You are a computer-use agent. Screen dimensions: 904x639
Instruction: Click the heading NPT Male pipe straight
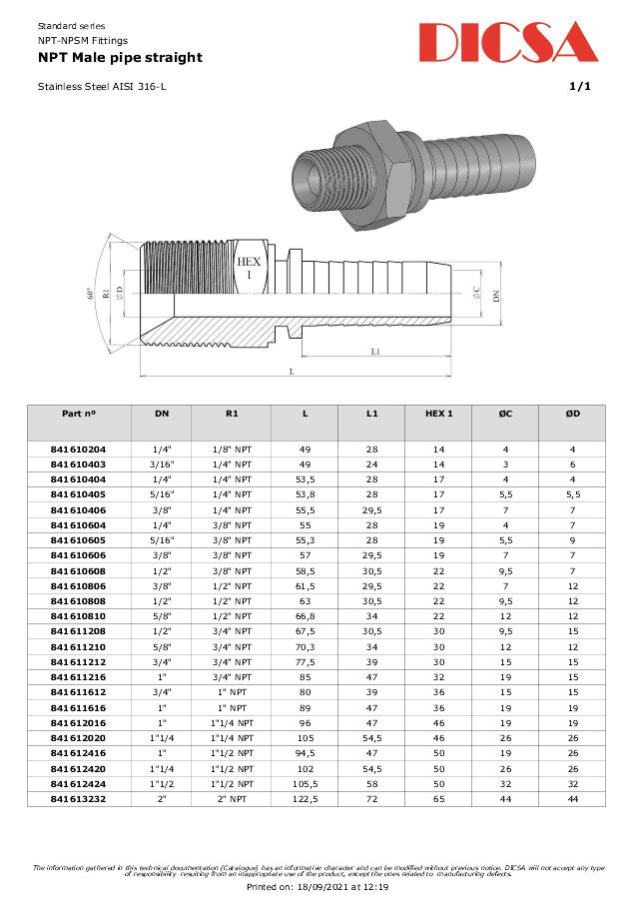pyautogui.click(x=120, y=58)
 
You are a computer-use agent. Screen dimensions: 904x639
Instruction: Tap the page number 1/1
pyautogui.click(x=579, y=87)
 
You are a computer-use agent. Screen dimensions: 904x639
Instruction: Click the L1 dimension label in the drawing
pyautogui.click(x=374, y=352)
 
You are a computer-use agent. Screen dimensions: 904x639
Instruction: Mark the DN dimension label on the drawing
pyautogui.click(x=495, y=294)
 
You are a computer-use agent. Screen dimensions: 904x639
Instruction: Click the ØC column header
pyautogui.click(x=504, y=414)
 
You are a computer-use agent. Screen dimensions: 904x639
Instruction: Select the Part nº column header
pyautogui.click(x=78, y=414)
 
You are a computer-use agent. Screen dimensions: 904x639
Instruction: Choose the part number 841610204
pyautogui.click(x=78, y=450)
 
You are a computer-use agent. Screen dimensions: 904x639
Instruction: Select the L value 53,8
pyautogui.click(x=305, y=493)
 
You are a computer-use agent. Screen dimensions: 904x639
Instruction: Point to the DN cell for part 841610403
pyautogui.click(x=162, y=464)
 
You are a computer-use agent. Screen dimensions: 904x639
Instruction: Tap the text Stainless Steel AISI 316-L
pyautogui.click(x=102, y=87)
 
